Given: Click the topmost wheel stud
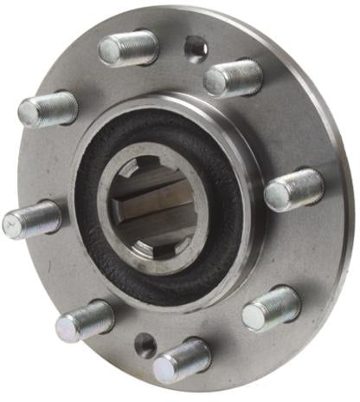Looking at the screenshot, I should click(130, 47).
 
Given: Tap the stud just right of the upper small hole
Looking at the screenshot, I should click(234, 78).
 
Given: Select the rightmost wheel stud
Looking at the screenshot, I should click(294, 189).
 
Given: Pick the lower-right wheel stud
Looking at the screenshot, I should click(272, 308).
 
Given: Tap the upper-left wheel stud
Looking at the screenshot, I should click(48, 110).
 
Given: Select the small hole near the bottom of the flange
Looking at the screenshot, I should click(146, 345).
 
